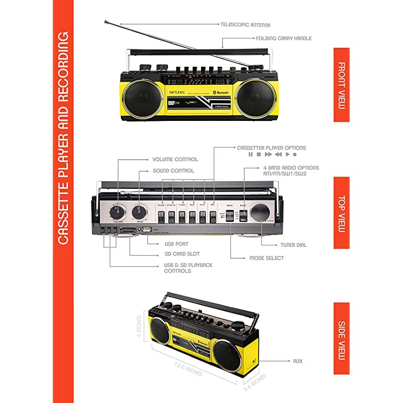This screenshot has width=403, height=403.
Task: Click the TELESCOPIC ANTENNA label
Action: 245,24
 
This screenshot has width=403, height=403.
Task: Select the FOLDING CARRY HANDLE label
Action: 284,38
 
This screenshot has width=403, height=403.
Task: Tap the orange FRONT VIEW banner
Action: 341,85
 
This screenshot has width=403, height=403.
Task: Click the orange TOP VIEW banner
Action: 341,213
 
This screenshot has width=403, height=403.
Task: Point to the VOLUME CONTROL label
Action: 175,159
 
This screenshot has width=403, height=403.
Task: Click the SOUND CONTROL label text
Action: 173,171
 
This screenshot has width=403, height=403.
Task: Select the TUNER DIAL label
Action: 294,245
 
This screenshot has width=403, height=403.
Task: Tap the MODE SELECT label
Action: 266,258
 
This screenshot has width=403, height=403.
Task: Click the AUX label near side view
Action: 298,361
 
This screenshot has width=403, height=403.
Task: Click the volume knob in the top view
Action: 119,211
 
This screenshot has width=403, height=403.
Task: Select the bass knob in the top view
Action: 140,211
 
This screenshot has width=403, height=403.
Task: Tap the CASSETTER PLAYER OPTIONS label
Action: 272,148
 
